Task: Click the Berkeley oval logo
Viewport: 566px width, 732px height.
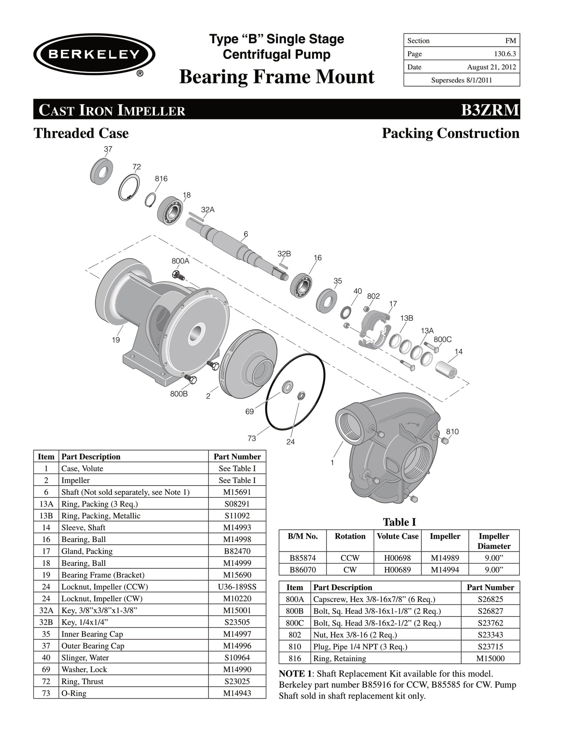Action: coord(94,54)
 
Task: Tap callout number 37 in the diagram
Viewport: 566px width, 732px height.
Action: coord(108,149)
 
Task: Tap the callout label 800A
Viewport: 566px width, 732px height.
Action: coord(180,261)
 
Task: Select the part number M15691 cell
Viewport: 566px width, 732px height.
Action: coord(237,492)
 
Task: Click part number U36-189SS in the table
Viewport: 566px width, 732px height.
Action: coord(237,587)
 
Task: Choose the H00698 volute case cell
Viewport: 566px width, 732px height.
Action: coord(398,558)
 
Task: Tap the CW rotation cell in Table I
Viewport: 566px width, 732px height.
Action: coord(350,570)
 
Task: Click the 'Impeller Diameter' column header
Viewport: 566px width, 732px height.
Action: coord(494,541)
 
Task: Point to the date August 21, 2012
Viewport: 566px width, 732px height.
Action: coord(491,67)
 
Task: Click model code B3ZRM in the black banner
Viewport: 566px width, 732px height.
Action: coord(490,110)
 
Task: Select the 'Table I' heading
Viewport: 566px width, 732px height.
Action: coord(399,522)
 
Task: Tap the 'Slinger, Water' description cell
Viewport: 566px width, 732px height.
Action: coord(85,658)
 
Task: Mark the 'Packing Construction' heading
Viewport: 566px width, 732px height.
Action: coord(451,134)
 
